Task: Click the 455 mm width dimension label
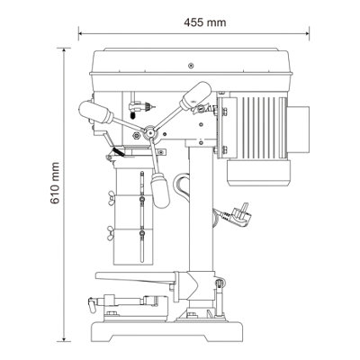point(205,22)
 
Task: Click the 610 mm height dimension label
point(55,183)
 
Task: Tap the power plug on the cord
point(240,214)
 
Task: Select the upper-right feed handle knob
point(195,94)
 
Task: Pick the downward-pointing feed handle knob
point(160,190)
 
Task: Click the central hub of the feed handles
point(149,131)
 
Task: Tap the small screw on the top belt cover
point(191,65)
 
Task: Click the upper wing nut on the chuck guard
point(112,198)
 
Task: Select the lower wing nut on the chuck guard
point(111,233)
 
